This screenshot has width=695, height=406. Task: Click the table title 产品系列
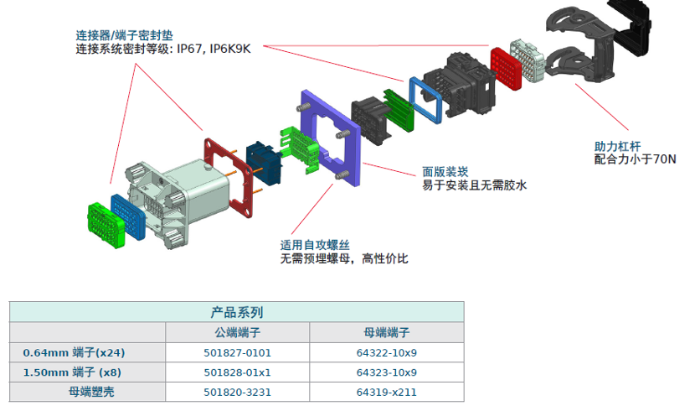tap(237, 312)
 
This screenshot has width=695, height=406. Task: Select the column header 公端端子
tap(237, 332)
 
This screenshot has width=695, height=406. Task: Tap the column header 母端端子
tap(386, 332)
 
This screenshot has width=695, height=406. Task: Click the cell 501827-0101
tap(237, 352)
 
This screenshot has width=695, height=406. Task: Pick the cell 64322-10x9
tap(386, 352)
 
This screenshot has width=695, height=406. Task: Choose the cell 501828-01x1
tap(237, 372)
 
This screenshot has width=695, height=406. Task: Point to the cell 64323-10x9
tap(386, 372)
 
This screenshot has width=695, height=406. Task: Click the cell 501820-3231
tap(237, 392)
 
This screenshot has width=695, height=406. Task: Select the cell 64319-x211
tap(386, 392)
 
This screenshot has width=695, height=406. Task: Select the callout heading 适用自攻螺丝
tap(314, 244)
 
